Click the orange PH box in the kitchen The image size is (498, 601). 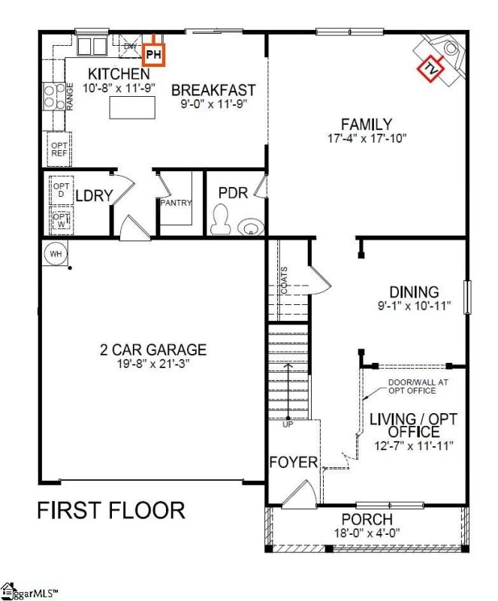tap(154, 54)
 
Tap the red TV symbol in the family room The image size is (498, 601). tap(431, 68)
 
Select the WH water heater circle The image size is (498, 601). tap(56, 253)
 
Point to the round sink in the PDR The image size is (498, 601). tap(249, 226)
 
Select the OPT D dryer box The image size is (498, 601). tap(59, 188)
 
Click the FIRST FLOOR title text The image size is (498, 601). tap(111, 511)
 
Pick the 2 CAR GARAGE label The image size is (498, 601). tap(152, 349)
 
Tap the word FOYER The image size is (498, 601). tap(294, 462)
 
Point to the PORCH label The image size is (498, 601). tap(367, 519)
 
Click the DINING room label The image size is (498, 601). tap(414, 291)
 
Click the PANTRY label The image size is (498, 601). tap(176, 203)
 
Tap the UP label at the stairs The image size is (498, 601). tap(288, 424)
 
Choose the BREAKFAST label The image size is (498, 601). tap(213, 91)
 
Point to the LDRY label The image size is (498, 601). tap(94, 196)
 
